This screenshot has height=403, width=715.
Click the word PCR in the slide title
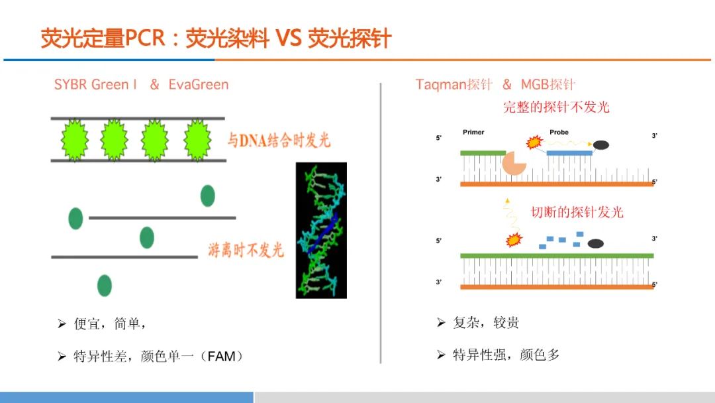[x=144, y=38]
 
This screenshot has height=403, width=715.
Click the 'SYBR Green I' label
[x=95, y=84]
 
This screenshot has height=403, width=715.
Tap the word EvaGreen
[x=199, y=84]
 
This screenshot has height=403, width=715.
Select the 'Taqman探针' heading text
[x=453, y=84]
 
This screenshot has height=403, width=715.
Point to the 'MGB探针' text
[x=548, y=84]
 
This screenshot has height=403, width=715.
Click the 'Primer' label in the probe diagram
[x=473, y=132]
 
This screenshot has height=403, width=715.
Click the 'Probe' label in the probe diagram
[x=559, y=132]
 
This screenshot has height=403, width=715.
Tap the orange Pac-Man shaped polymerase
[x=514, y=163]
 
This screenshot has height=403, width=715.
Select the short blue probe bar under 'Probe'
[x=569, y=153]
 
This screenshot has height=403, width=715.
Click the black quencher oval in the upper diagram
[x=600, y=145]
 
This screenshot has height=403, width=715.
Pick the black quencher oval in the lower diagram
[x=596, y=244]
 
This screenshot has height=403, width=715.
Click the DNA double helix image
[x=321, y=231]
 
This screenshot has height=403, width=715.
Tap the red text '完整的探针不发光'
[x=556, y=107]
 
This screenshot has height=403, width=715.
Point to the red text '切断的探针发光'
[x=577, y=212]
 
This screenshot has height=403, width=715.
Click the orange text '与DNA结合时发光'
[x=279, y=140]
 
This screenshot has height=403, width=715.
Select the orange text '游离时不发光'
[x=246, y=250]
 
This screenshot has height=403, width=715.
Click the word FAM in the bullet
[x=221, y=356]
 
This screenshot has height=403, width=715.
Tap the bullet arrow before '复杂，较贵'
[x=441, y=323]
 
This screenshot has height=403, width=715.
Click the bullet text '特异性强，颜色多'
[x=506, y=355]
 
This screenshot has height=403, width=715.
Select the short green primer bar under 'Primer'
[x=483, y=153]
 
